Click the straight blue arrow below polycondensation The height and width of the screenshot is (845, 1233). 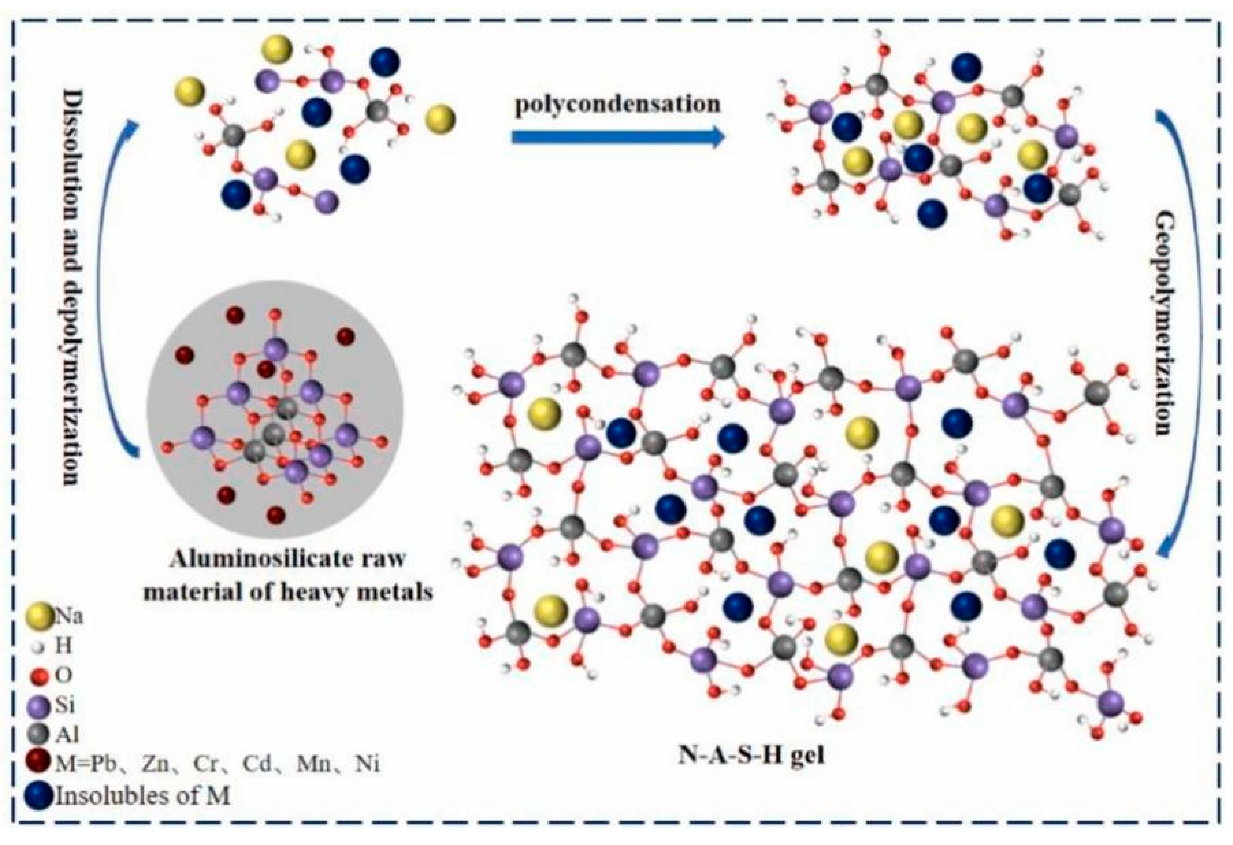(618, 137)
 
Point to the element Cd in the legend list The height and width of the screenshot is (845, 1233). (260, 764)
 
